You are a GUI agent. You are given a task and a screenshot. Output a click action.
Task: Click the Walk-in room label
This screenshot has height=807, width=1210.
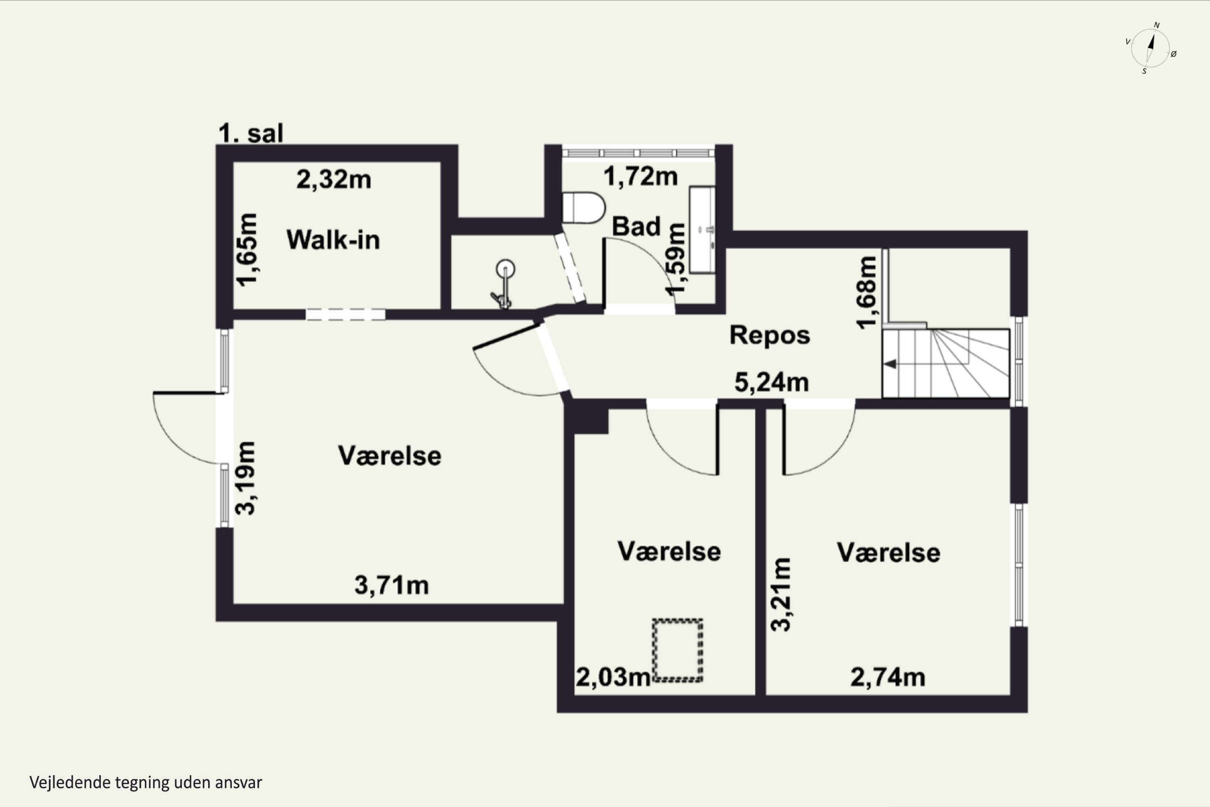tap(333, 240)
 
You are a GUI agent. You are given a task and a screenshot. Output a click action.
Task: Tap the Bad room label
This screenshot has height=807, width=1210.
tap(636, 226)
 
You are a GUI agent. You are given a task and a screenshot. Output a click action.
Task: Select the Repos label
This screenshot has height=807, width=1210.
tap(770, 335)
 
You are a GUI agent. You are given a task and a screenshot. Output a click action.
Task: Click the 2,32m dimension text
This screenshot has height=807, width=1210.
tap(334, 180)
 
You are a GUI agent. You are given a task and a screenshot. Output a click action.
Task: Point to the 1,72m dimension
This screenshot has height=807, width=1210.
tap(640, 177)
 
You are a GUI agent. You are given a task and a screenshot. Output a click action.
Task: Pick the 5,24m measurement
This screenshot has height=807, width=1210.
tap(771, 383)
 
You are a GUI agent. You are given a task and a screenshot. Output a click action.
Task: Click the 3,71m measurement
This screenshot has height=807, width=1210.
tap(392, 585)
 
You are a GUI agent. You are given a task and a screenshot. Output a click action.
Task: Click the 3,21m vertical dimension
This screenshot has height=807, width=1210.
tap(781, 594)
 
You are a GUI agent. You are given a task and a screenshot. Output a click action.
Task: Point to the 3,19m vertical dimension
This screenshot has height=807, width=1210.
tap(245, 478)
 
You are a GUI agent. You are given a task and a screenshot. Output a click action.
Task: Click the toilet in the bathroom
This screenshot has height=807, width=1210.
tap(583, 208)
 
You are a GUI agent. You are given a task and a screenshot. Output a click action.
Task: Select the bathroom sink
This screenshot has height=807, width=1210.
tap(702, 230)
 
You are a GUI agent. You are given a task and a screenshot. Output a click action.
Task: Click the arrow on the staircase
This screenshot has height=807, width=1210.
tap(890, 364)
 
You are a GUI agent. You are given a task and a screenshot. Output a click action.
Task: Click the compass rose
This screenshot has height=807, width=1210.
tap(1151, 48)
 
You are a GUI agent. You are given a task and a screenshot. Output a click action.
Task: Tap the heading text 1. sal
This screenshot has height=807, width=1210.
tap(251, 133)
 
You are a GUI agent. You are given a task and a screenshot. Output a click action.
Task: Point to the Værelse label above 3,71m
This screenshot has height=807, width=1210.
tap(390, 456)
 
